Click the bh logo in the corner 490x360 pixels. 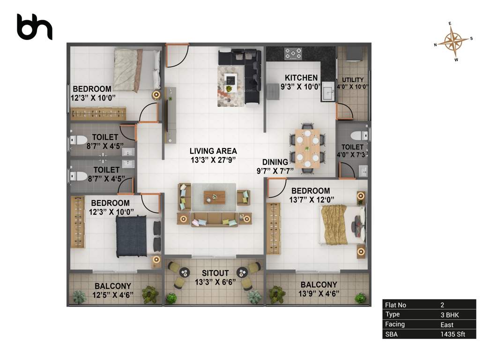[x=34, y=27]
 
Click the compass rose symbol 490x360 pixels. [x=453, y=42]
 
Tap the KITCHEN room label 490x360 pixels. [x=302, y=78]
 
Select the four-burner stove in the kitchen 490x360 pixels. [x=294, y=53]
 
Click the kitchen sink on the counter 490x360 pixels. [x=327, y=91]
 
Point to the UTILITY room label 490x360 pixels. [x=353, y=80]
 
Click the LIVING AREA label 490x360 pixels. [x=213, y=151]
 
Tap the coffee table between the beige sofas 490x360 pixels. [x=214, y=197]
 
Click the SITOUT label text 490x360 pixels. [x=215, y=273]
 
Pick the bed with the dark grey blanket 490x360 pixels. [x=132, y=236]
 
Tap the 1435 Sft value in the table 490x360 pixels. [x=453, y=334]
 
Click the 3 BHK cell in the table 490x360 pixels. [x=450, y=315]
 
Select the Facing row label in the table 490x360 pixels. [x=394, y=324]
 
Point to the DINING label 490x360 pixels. [x=275, y=162]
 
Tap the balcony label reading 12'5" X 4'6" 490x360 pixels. [x=113, y=294]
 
